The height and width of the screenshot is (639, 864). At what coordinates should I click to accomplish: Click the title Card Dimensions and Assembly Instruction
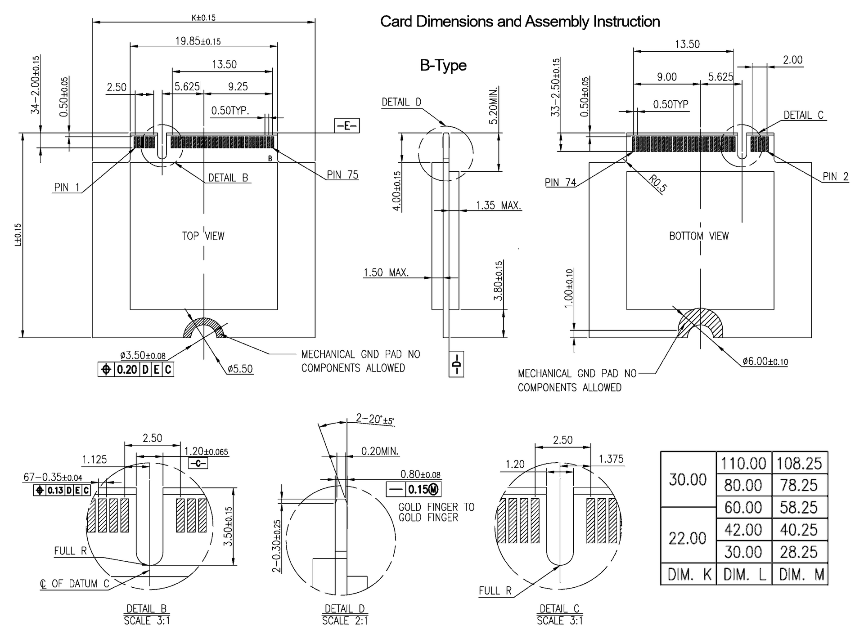click(520, 22)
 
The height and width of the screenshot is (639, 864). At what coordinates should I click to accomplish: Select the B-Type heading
click(443, 66)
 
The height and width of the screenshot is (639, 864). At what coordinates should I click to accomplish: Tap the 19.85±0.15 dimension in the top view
click(198, 41)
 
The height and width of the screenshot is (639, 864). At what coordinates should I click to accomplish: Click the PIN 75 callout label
click(342, 175)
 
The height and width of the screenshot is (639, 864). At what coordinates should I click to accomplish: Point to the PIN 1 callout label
click(67, 187)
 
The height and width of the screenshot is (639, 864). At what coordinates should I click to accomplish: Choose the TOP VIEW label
click(203, 236)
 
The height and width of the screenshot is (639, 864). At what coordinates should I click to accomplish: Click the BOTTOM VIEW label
click(698, 236)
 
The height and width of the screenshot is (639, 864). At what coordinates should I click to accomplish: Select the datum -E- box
click(346, 125)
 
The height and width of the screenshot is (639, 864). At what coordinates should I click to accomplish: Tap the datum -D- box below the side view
click(456, 364)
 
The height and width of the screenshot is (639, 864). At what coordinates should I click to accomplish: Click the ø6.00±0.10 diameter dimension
click(765, 361)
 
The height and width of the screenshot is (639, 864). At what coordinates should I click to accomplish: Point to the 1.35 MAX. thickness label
click(499, 206)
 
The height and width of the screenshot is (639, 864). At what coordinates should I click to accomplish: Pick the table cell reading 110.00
click(743, 463)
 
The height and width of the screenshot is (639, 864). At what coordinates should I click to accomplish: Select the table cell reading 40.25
click(799, 530)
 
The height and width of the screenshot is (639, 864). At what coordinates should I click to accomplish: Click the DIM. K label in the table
click(688, 574)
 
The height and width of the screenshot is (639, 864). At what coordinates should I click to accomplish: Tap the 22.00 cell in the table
click(688, 538)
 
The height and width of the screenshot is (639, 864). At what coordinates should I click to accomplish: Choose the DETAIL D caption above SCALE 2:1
click(345, 608)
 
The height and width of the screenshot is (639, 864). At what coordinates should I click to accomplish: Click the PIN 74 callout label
click(560, 183)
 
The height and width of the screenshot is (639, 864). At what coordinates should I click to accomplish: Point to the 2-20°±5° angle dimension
click(374, 419)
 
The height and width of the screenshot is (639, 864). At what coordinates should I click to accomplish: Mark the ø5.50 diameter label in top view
click(240, 369)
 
